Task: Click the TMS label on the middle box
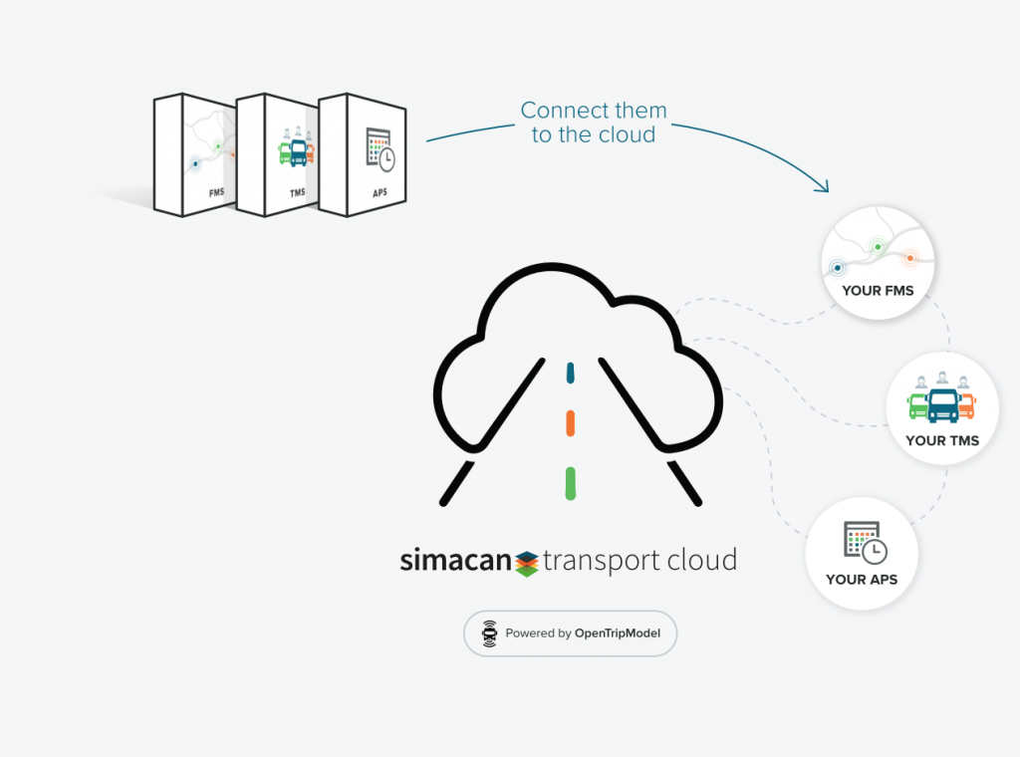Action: pyautogui.click(x=297, y=192)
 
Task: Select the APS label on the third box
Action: pyautogui.click(x=380, y=192)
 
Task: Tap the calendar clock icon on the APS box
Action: pyautogui.click(x=380, y=149)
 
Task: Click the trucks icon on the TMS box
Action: pyautogui.click(x=297, y=149)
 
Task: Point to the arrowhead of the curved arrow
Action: pyautogui.click(x=825, y=187)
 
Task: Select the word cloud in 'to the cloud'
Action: pyautogui.click(x=626, y=135)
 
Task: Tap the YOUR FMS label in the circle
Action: pyautogui.click(x=878, y=291)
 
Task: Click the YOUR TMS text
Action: pyautogui.click(x=942, y=440)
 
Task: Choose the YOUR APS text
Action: pyautogui.click(x=862, y=580)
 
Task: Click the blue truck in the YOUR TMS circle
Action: pyautogui.click(x=942, y=403)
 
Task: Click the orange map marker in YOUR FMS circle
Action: pyautogui.click(x=909, y=258)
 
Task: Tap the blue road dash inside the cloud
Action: pyautogui.click(x=570, y=373)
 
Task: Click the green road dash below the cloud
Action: pyautogui.click(x=570, y=482)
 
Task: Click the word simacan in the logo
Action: pyautogui.click(x=455, y=561)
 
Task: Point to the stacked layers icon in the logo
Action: pyautogui.click(x=527, y=562)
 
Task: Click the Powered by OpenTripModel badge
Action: pyautogui.click(x=570, y=632)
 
